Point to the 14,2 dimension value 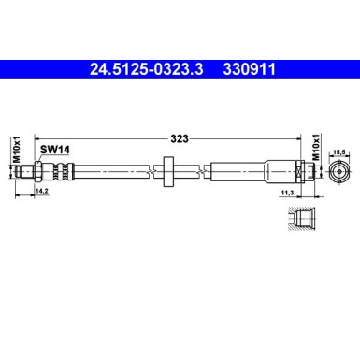pos(41,192)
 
